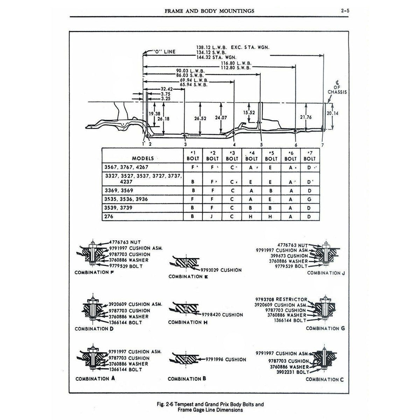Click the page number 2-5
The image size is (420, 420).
click(x=345, y=11)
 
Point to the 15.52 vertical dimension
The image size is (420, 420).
click(x=249, y=113)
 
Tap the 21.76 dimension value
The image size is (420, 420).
click(x=306, y=117)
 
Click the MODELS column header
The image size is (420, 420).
click(x=143, y=159)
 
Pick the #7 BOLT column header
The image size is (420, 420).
click(x=309, y=156)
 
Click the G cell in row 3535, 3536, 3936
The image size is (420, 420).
click(x=309, y=199)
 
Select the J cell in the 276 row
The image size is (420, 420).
click(x=212, y=217)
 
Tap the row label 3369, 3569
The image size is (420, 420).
click(x=119, y=190)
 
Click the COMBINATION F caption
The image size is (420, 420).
click(x=92, y=273)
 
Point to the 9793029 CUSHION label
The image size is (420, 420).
click(x=221, y=270)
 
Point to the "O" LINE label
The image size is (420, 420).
click(x=164, y=51)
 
